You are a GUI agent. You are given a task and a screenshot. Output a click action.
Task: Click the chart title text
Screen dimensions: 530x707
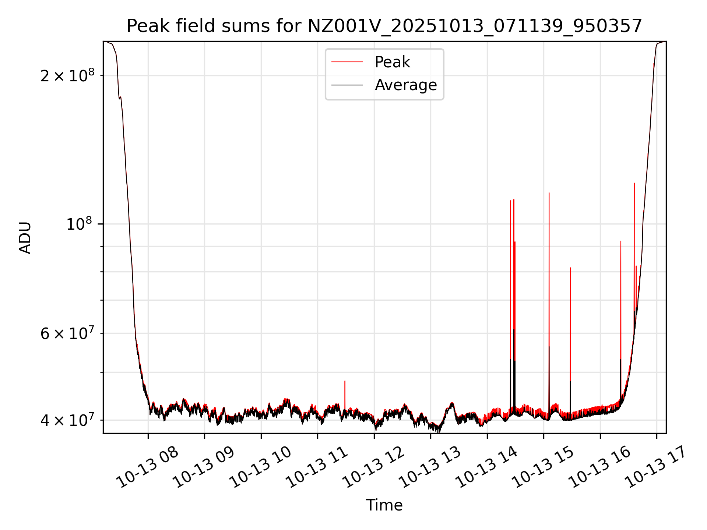click(384, 26)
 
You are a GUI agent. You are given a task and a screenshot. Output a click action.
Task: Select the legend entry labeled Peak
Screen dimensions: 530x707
click(392, 62)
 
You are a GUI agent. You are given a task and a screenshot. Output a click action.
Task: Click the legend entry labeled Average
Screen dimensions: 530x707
click(405, 85)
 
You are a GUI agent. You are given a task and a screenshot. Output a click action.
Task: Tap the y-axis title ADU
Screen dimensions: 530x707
click(25, 237)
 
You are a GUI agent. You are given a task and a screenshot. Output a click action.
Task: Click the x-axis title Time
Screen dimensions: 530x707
click(384, 505)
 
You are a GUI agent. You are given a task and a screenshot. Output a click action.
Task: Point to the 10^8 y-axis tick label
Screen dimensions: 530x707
click(79, 224)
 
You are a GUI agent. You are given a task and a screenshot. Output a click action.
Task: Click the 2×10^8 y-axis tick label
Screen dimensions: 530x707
click(67, 76)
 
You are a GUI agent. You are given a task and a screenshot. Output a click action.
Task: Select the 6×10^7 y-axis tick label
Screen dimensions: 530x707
click(67, 333)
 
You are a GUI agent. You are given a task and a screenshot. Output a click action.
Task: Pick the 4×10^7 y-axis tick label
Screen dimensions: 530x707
click(67, 420)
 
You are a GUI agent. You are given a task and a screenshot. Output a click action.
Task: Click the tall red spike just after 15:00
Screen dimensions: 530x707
click(549, 258)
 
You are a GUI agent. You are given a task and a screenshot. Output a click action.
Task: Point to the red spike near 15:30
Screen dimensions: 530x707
click(570, 313)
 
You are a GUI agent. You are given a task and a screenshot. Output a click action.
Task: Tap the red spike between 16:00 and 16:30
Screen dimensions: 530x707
click(621, 294)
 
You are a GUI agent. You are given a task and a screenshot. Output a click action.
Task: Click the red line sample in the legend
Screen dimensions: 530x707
click(347, 62)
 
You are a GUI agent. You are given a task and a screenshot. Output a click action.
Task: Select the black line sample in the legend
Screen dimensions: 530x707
click(347, 85)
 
